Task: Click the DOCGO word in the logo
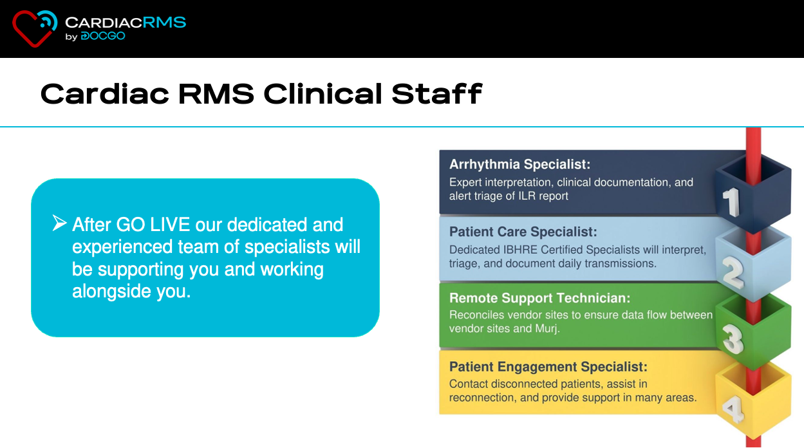(x=103, y=36)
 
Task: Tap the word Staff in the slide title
(x=437, y=94)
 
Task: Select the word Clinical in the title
(x=323, y=94)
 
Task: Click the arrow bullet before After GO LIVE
(x=59, y=223)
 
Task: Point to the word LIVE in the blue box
(x=170, y=225)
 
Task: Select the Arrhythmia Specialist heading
(x=519, y=164)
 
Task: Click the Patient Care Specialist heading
(x=523, y=232)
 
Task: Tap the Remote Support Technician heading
(x=540, y=298)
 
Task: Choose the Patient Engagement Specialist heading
(x=548, y=367)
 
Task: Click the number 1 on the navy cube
(x=731, y=202)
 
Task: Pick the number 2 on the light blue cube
(x=733, y=273)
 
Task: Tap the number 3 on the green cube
(x=733, y=339)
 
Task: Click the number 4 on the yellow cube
(x=733, y=409)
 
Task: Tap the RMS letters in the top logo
(x=164, y=23)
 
